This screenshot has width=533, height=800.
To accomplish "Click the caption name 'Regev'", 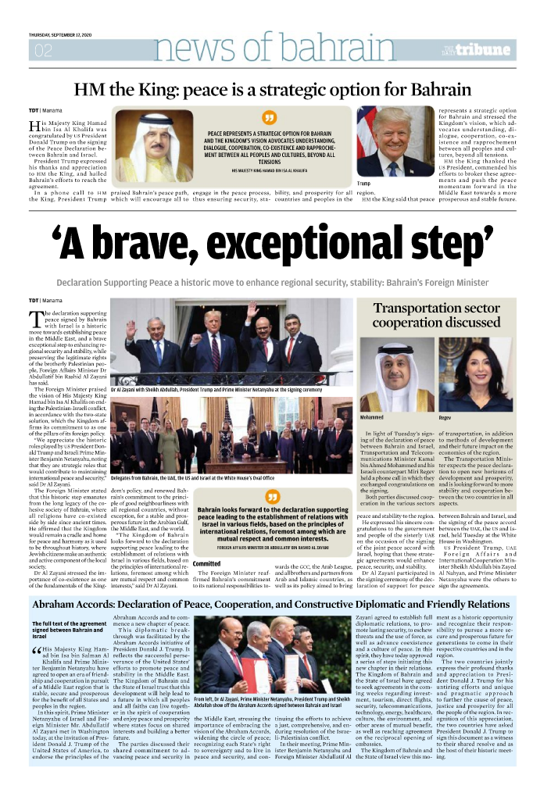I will (x=446, y=419).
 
